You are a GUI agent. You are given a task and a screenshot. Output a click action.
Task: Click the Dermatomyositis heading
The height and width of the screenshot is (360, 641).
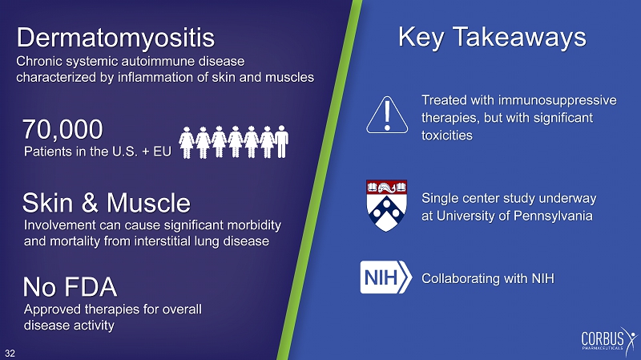pos(115,38)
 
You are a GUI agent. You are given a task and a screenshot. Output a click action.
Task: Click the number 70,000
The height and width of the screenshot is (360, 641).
pos(62,129)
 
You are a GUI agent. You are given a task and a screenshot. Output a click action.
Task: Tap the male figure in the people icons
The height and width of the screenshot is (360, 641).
pos(281,142)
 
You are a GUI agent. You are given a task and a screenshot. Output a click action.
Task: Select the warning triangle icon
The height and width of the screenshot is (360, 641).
pos(387,115)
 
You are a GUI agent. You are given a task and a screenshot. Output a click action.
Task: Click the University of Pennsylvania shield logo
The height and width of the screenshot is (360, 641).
pos(386,205)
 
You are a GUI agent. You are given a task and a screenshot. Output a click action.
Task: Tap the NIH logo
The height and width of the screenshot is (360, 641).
pos(385,277)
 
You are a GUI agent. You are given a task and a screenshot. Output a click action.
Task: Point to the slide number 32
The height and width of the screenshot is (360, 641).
pos(10,354)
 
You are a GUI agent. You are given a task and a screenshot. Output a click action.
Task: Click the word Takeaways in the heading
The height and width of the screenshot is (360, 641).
pos(520,38)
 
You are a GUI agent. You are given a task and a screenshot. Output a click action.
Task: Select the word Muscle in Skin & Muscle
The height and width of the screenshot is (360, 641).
pos(148,203)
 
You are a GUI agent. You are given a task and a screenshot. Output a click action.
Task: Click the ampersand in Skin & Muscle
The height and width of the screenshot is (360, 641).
pos(90,203)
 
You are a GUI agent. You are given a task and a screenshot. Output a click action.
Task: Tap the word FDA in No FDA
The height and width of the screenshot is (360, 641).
pos(89,287)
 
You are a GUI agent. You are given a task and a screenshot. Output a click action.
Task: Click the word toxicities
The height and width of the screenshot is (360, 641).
pos(447,136)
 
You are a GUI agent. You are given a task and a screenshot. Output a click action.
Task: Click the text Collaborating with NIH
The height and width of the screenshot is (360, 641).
pos(488,278)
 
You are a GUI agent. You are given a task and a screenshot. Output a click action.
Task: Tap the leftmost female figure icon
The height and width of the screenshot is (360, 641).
pos(187,142)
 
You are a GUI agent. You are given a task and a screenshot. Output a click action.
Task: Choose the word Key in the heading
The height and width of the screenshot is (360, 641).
pos(421,38)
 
